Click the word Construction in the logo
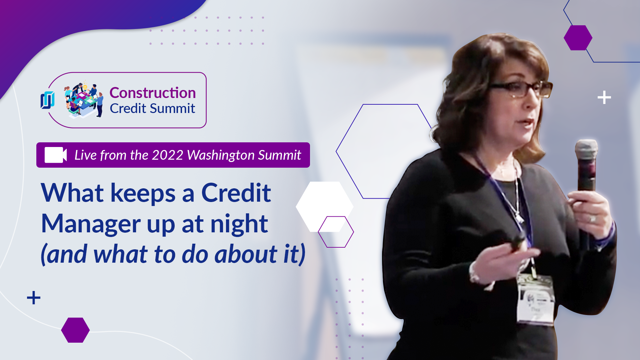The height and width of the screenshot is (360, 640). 153,93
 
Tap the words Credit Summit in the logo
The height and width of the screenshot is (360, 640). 152,108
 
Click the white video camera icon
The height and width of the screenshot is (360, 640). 56,155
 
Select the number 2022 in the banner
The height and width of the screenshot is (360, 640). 167,155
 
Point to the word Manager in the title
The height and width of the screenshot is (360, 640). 91,224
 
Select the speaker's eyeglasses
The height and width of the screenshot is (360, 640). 520,89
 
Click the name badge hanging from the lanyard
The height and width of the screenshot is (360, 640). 535,299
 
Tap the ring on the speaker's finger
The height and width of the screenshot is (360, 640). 593,219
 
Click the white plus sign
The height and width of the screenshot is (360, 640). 604,98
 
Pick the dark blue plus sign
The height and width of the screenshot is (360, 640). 34,298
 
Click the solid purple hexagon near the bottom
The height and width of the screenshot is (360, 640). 75,330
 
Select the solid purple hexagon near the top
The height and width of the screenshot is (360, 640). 578,38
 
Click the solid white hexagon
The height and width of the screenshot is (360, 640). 325,207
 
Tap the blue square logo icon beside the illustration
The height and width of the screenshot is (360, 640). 48,100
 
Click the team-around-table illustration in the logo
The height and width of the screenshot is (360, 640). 84,99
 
